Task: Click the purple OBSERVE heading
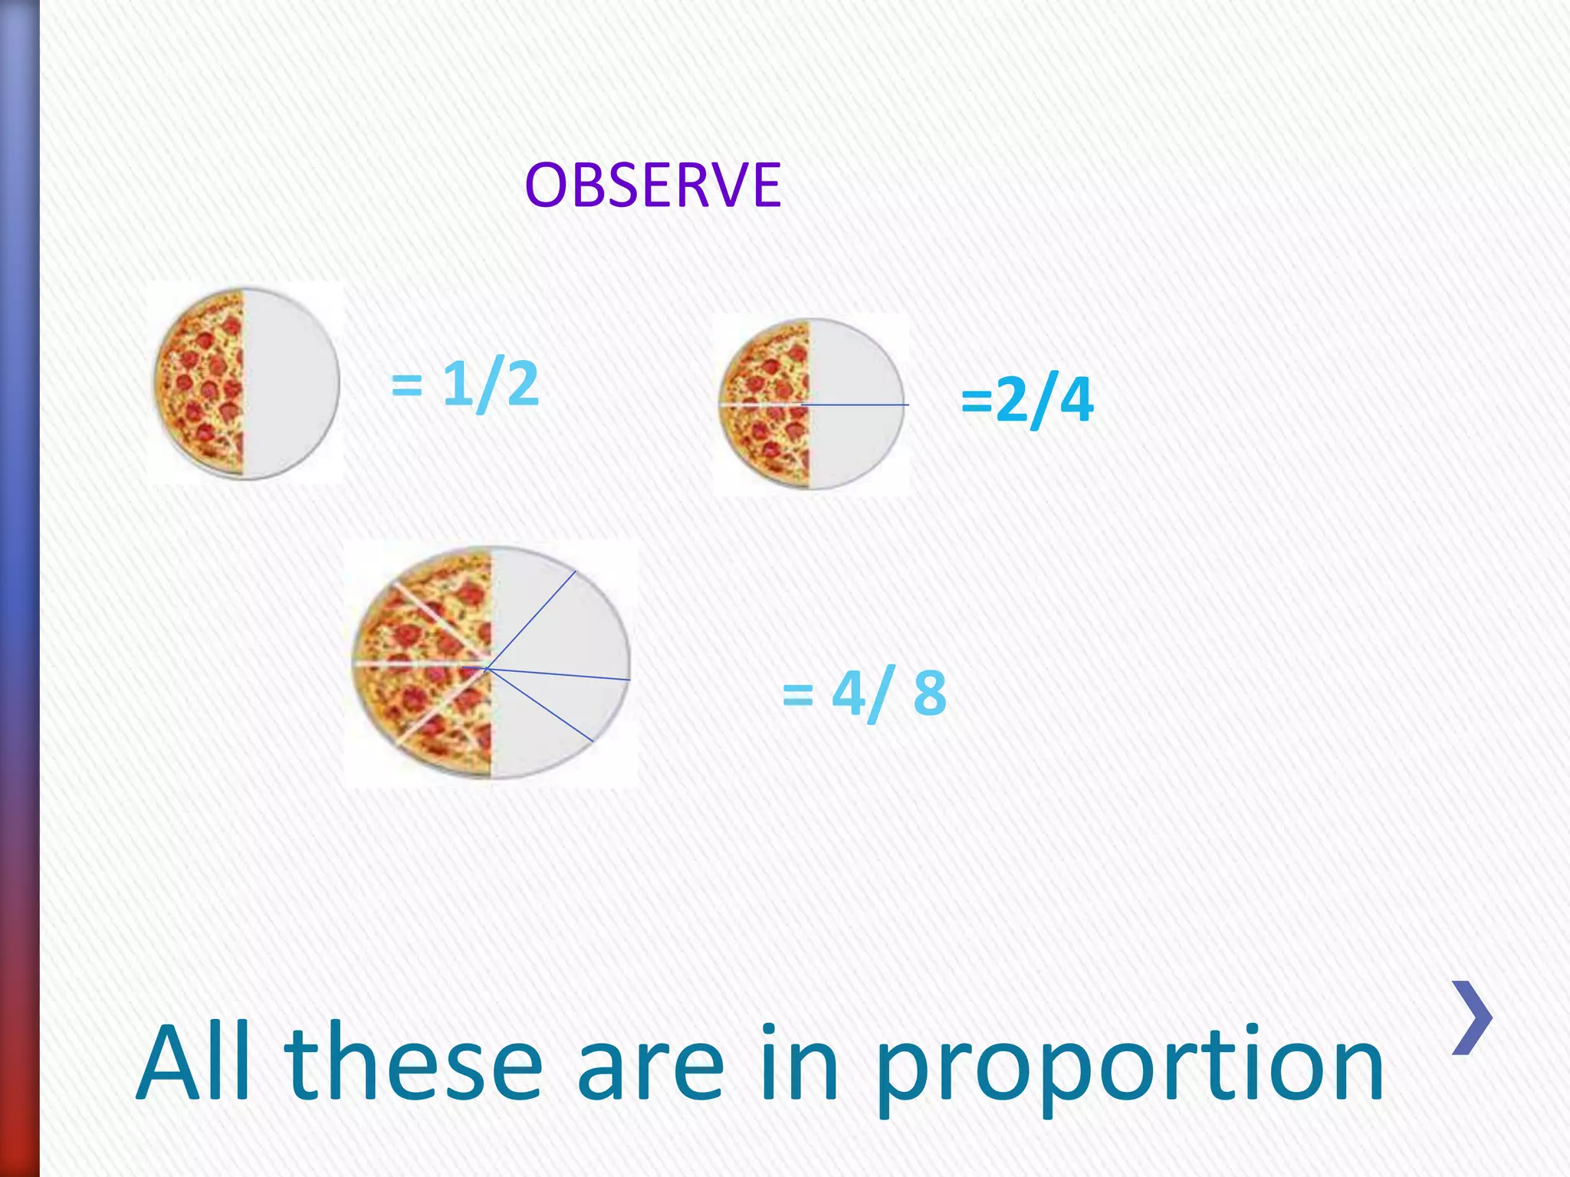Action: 652,185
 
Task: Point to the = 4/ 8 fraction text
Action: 865,693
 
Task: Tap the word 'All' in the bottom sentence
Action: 194,1064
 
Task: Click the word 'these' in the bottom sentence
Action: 414,1064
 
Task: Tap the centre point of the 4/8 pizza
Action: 488,668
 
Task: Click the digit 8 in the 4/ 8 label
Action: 930,693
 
